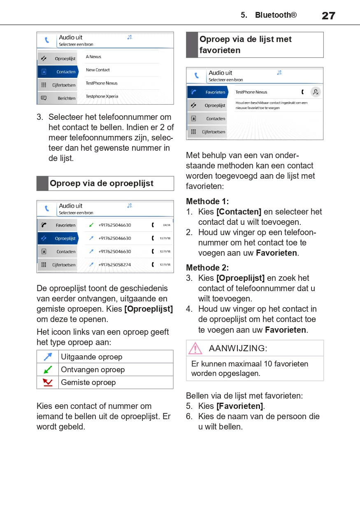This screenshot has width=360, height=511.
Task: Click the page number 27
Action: (x=328, y=16)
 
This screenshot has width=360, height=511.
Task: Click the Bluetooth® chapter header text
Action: (x=275, y=15)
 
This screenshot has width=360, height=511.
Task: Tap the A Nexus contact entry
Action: (x=93, y=57)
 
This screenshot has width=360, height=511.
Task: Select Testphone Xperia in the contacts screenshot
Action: (x=102, y=96)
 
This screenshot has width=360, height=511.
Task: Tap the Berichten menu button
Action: (x=58, y=98)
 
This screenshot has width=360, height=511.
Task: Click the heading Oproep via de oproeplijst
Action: (x=102, y=184)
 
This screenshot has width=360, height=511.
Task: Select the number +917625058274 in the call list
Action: (x=115, y=265)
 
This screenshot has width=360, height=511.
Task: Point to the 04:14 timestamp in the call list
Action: (x=167, y=225)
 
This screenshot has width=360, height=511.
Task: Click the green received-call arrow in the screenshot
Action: (x=91, y=225)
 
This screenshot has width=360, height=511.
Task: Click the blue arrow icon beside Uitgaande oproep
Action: (x=48, y=357)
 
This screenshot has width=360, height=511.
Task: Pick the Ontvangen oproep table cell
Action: (x=115, y=370)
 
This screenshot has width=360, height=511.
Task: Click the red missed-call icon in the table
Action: (x=48, y=383)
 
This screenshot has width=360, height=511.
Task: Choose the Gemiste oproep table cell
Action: (x=115, y=383)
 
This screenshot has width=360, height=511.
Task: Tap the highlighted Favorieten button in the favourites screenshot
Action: (x=208, y=92)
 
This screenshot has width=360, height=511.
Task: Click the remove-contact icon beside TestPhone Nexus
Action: (x=316, y=92)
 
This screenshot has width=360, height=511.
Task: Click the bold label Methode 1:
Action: (x=207, y=201)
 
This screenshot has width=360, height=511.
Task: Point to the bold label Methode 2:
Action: (x=207, y=268)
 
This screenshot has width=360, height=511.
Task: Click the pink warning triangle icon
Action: (x=195, y=348)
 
